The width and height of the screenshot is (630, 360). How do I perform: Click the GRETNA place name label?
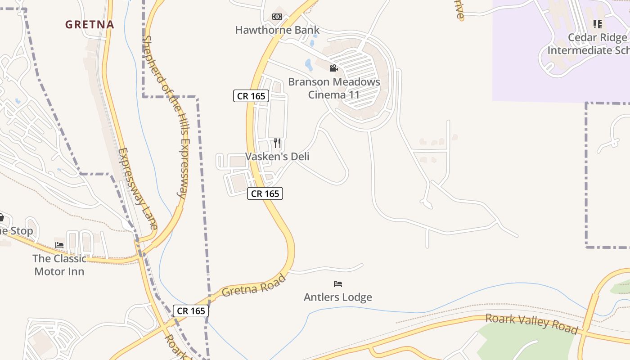click(90, 24)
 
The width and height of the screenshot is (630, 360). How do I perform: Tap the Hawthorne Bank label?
click(277, 30)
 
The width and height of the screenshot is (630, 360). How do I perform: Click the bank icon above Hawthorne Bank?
click(277, 17)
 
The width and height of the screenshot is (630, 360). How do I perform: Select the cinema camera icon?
click(333, 68)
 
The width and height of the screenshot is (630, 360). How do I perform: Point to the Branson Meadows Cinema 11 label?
click(334, 88)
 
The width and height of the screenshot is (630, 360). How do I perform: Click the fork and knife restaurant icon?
click(277, 143)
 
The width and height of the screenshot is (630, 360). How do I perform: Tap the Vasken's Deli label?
click(277, 157)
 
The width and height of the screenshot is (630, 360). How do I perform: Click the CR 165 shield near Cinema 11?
click(251, 96)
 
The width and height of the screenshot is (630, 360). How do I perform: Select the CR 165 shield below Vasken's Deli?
click(265, 194)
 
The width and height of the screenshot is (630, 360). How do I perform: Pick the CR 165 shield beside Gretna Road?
click(191, 311)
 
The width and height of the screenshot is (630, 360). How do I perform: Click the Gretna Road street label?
click(254, 286)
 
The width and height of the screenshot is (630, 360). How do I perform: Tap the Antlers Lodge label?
click(338, 297)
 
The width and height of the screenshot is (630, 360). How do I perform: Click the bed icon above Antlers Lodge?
click(338, 284)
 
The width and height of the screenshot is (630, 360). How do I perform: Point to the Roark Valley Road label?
click(531, 324)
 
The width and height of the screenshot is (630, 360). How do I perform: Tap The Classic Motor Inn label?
click(59, 265)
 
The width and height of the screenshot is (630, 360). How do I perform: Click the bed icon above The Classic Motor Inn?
click(59, 245)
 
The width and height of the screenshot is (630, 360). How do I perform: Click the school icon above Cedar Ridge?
click(597, 24)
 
